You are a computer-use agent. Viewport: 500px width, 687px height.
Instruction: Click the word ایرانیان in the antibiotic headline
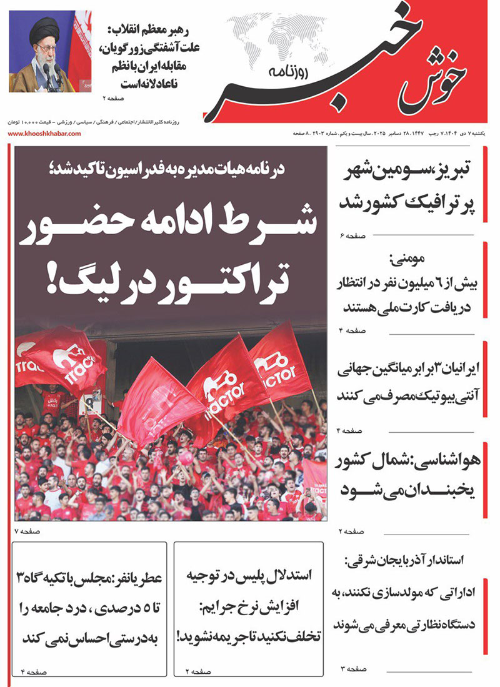(452, 370)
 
